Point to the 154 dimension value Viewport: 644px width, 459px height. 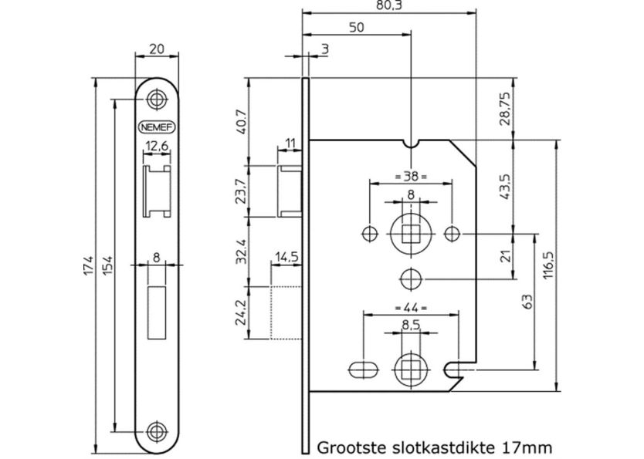click(107, 266)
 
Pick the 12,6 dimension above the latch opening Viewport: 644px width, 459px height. click(157, 147)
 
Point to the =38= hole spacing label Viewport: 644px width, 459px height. click(411, 176)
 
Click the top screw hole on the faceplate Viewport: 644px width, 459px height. click(157, 100)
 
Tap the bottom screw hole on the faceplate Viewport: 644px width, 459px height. click(157, 430)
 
